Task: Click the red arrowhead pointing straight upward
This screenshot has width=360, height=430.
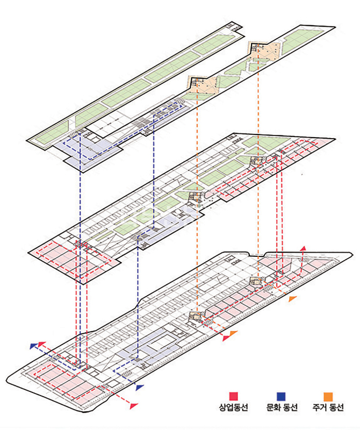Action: [x=303, y=248]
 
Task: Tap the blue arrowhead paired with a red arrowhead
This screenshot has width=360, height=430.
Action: [x=34, y=346]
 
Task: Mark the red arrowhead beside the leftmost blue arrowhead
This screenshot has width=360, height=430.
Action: [x=41, y=342]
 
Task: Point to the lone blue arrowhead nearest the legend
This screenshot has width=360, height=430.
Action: [x=140, y=386]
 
